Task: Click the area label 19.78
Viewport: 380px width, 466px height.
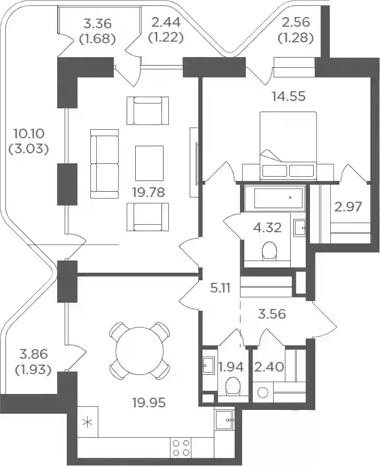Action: tap(149, 192)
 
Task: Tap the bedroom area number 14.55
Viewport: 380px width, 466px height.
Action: tap(289, 96)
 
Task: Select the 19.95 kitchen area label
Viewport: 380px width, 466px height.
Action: tap(149, 402)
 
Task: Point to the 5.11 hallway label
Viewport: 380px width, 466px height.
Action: tap(220, 288)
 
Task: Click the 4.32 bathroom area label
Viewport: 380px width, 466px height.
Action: tap(267, 227)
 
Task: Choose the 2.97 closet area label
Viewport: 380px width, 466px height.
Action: tap(348, 207)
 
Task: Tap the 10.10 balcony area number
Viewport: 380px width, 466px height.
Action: tap(29, 133)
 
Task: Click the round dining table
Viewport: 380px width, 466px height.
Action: tap(139, 351)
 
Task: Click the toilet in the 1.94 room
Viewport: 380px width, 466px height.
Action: tap(232, 386)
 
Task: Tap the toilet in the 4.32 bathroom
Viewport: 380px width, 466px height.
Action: tap(270, 251)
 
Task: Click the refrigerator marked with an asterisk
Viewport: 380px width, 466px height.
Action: tap(88, 422)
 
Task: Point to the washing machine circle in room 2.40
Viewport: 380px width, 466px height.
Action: tap(263, 393)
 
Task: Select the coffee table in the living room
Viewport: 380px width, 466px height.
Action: tap(149, 163)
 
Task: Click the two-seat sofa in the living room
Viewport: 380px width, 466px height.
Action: tap(104, 164)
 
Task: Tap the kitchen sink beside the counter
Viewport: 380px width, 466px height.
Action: tap(224, 420)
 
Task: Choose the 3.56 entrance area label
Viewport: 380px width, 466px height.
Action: tap(272, 314)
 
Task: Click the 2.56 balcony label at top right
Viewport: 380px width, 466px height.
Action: tap(296, 22)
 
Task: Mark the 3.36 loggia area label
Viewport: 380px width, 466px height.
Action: tap(98, 23)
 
